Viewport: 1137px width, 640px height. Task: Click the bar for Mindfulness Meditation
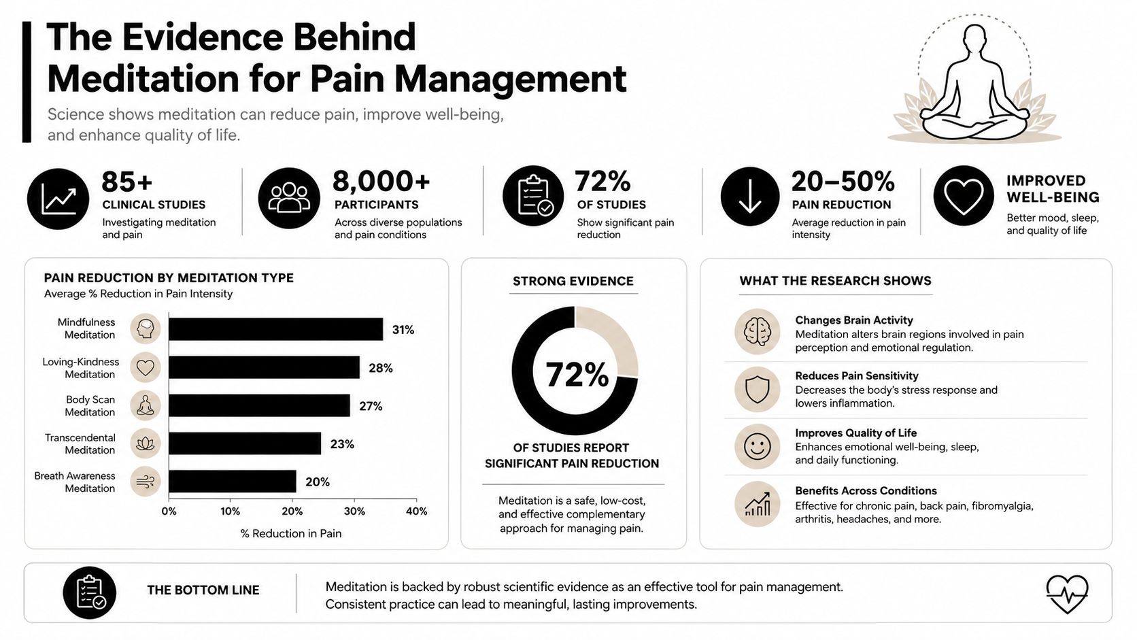coord(275,329)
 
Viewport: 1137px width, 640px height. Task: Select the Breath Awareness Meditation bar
coord(233,481)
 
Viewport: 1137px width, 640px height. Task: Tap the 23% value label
coord(342,444)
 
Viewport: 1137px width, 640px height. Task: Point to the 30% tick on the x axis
coord(354,511)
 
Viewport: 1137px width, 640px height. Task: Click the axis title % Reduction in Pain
coord(291,533)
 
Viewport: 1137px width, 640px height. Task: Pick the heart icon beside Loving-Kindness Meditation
coord(146,367)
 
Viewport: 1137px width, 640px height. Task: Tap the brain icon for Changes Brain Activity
coord(758,331)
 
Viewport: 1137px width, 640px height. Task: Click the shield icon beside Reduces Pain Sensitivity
coord(758,389)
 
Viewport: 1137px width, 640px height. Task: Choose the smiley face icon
coord(758,447)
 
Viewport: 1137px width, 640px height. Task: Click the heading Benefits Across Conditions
coord(866,491)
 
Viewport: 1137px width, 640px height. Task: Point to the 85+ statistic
coord(127,182)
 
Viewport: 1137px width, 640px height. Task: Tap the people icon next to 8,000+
coord(289,198)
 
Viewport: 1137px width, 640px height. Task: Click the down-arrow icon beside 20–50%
coord(749,197)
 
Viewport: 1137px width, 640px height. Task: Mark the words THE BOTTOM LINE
coord(203,590)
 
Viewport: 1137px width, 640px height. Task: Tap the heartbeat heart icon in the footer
coord(1067,594)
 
